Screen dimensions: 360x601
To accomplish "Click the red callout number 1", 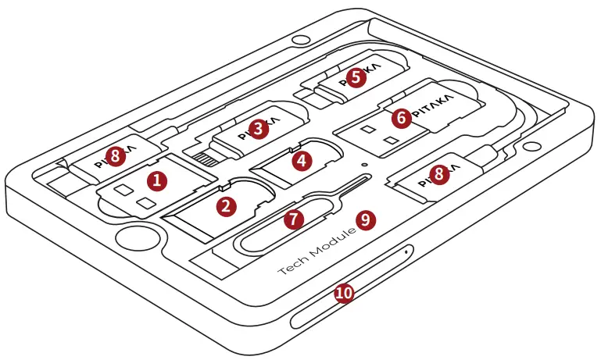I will pyautogui.click(x=158, y=180).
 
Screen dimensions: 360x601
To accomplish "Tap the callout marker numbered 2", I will pyautogui.click(x=226, y=206).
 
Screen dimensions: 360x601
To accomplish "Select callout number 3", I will pyautogui.click(x=258, y=130).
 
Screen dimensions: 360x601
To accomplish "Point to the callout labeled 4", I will pyautogui.click(x=300, y=160).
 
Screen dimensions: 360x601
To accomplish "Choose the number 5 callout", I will pyautogui.click(x=356, y=77).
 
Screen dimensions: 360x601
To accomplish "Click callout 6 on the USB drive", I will pyautogui.click(x=401, y=118).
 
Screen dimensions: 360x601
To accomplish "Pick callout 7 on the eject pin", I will pyautogui.click(x=293, y=219).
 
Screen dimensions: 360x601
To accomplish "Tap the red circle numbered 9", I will pyautogui.click(x=366, y=219).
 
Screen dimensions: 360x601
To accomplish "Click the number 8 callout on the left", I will pyautogui.click(x=116, y=157).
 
